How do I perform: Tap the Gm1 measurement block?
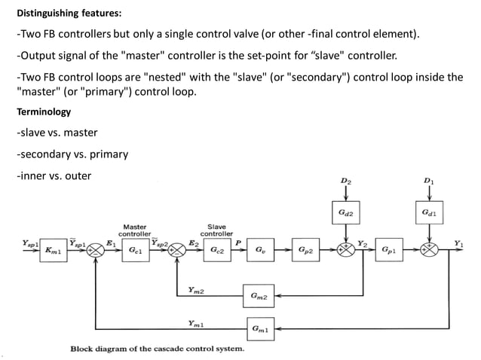(x=259, y=328)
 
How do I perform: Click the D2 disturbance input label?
(x=345, y=182)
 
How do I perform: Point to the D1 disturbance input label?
(x=429, y=182)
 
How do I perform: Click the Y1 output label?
(x=458, y=242)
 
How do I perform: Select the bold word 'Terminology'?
(x=44, y=111)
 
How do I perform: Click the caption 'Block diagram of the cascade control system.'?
(x=157, y=349)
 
